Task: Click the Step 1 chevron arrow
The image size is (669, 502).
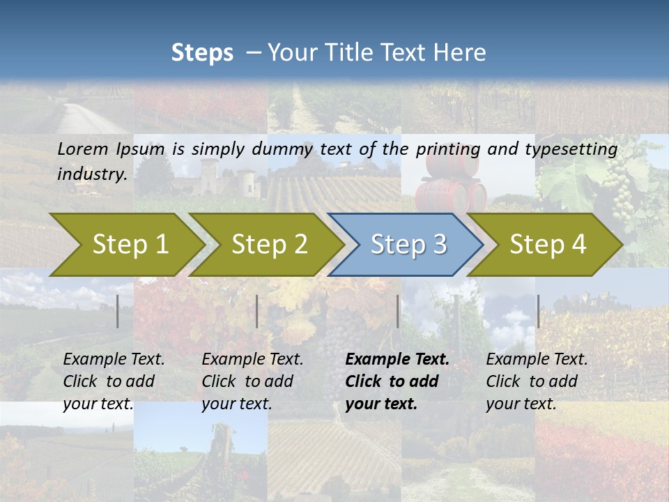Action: (x=130, y=245)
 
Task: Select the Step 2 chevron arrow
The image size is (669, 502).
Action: (x=269, y=245)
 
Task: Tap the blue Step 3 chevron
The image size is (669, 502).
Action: (x=408, y=245)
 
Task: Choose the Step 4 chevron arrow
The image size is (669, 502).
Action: (x=548, y=245)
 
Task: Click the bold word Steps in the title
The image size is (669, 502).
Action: (x=202, y=52)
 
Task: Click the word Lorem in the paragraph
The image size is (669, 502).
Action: (x=83, y=149)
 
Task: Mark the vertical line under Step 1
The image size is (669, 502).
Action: (x=118, y=311)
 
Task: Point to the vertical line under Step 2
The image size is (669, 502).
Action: (x=257, y=311)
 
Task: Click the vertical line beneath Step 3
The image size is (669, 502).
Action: (x=398, y=311)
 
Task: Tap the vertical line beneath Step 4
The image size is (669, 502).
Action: (x=538, y=311)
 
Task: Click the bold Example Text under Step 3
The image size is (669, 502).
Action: (x=397, y=360)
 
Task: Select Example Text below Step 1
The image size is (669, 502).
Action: (x=114, y=360)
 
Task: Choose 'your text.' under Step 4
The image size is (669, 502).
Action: (x=521, y=404)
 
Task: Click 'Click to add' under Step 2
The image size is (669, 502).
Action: (x=247, y=381)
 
